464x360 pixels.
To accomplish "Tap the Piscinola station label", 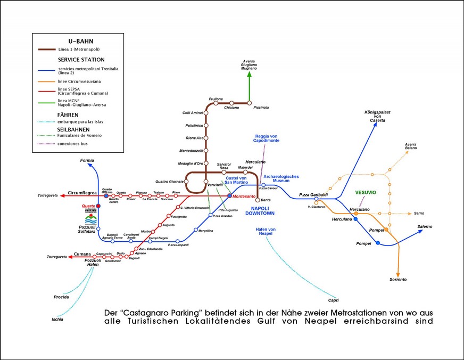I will [x=261, y=108].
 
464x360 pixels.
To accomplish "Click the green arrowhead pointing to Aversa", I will [x=249, y=76].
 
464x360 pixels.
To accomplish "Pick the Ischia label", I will [x=57, y=319].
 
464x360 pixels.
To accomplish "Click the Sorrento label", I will [x=398, y=279].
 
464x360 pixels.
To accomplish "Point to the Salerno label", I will [x=425, y=226].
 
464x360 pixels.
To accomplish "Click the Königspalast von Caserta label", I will [x=377, y=117].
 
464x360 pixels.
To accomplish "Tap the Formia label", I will [x=87, y=160].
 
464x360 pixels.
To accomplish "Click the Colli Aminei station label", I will [x=193, y=113].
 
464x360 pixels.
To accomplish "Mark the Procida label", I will [x=61, y=297].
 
